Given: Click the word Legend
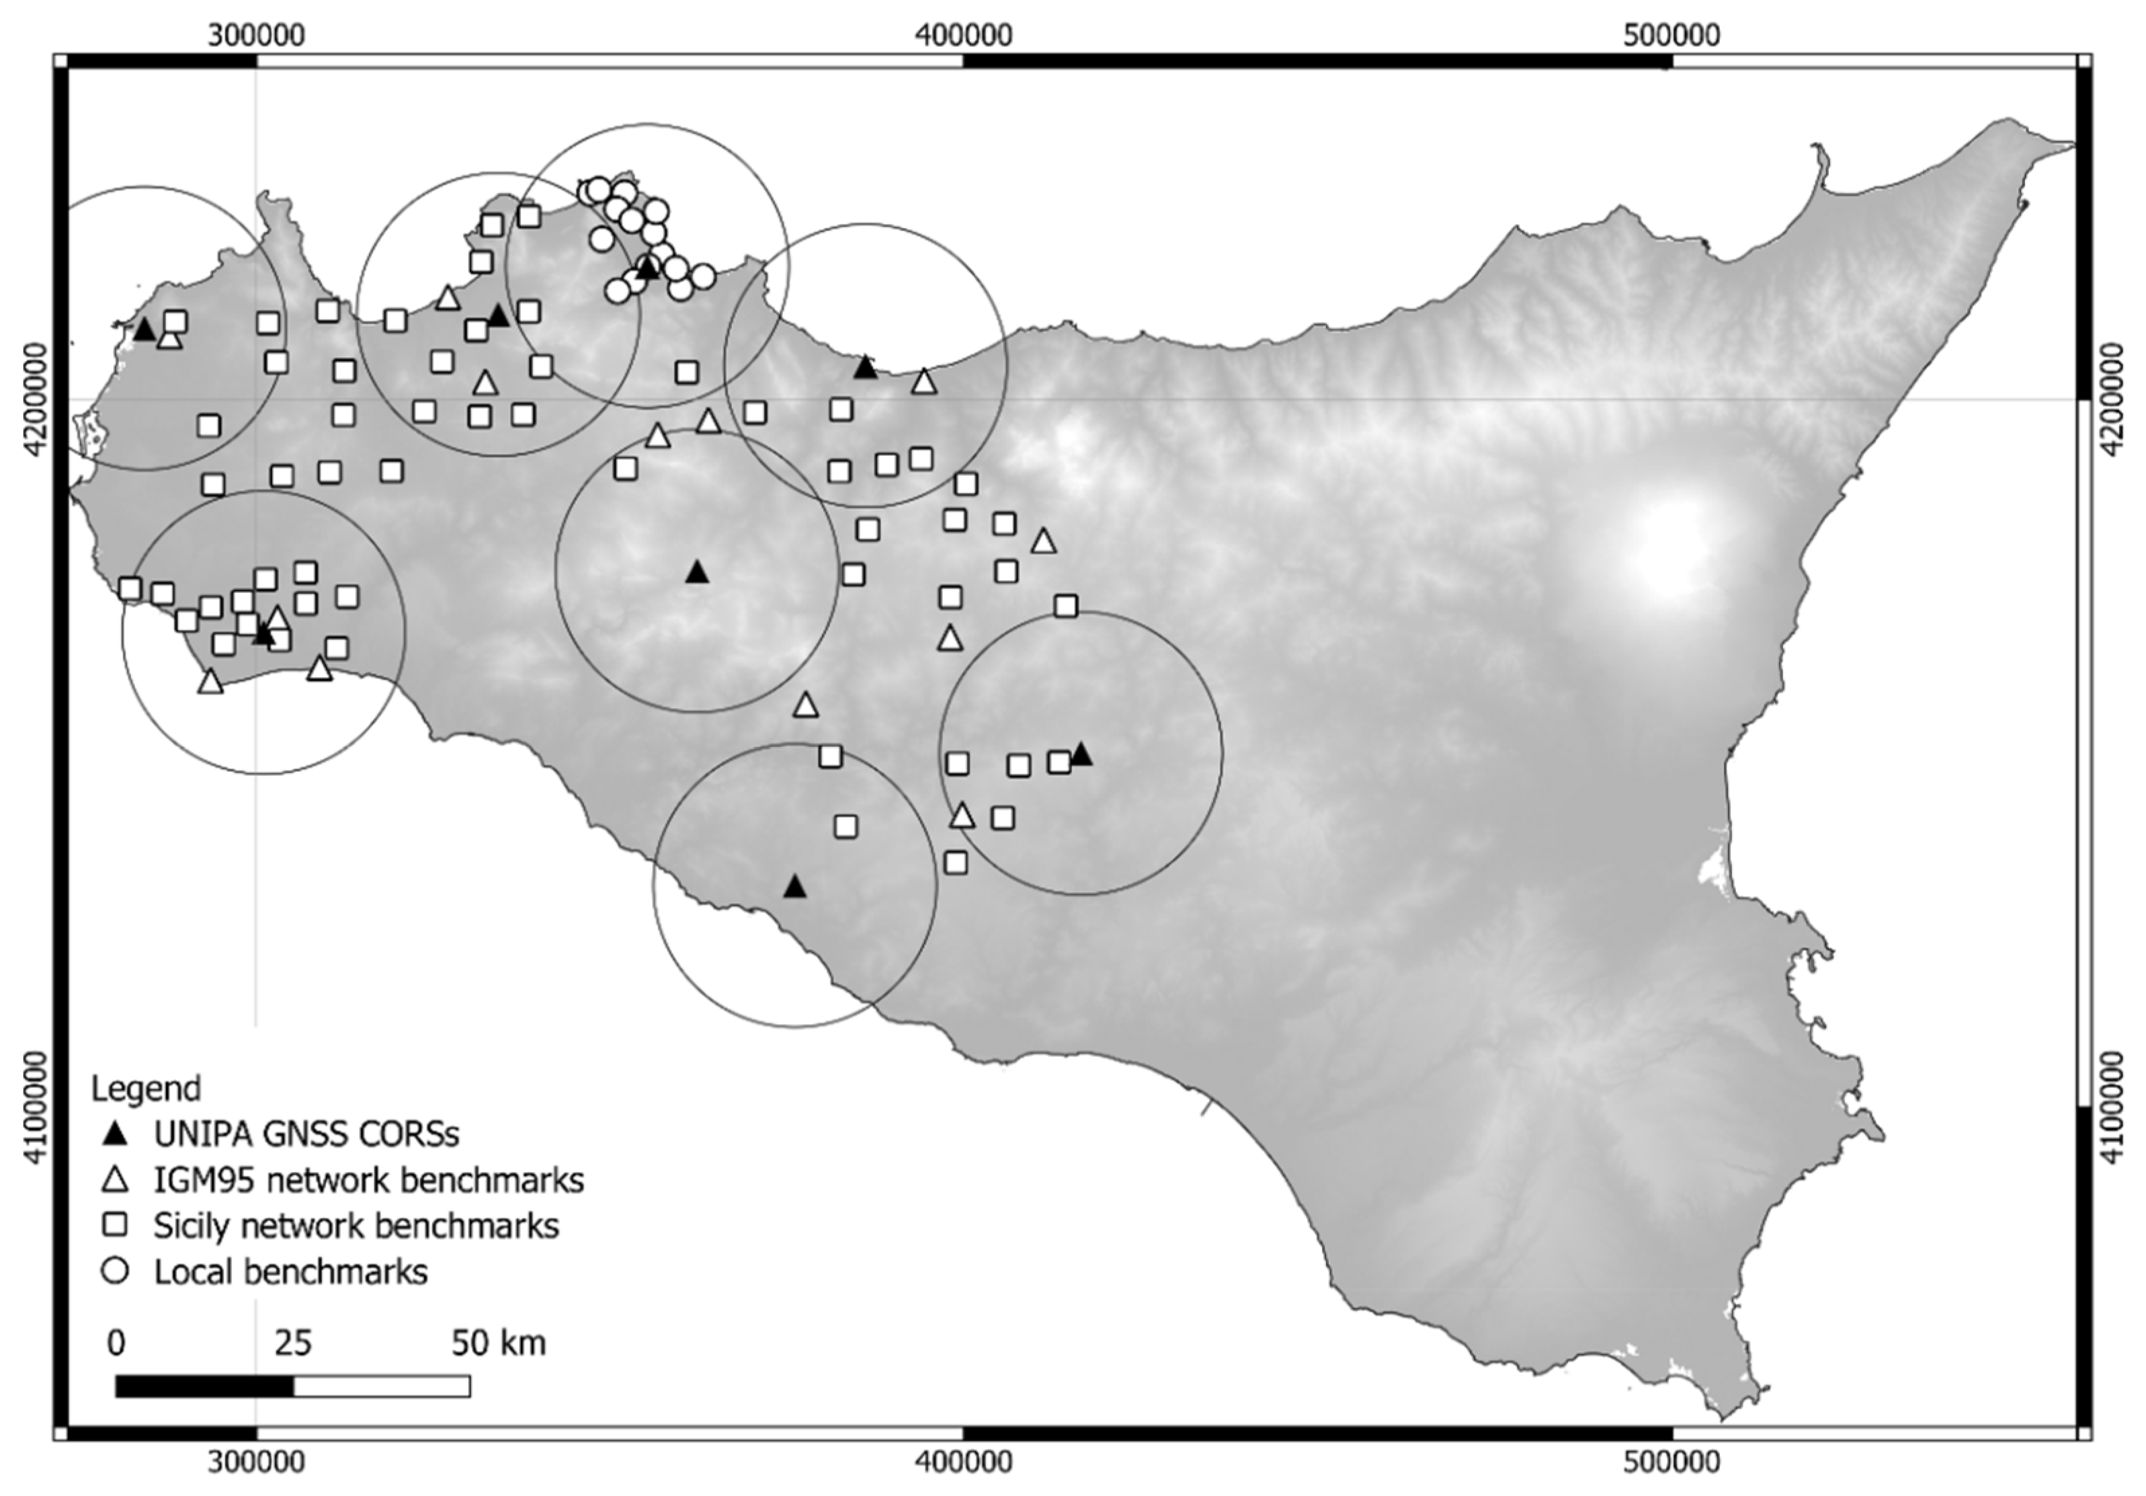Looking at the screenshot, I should point(146,1089).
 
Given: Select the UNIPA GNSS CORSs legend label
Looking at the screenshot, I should point(306,1134).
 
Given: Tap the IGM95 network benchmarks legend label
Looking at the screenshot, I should point(368,1180).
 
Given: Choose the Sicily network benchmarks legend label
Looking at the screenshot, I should point(356,1225).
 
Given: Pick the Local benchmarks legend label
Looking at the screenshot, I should point(291,1271).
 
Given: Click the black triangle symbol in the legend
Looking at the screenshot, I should point(115,1134).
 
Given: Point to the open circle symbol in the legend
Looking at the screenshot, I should point(115,1271).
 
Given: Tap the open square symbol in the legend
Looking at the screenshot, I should point(115,1225).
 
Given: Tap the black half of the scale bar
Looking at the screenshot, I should point(204,1386).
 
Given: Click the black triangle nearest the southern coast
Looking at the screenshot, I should point(794,886).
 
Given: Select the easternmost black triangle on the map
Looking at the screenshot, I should point(1081,754).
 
